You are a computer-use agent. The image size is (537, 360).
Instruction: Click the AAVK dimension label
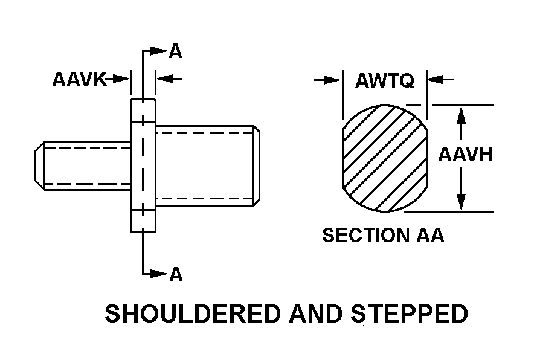point(79,79)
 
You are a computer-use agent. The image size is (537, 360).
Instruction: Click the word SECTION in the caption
point(359,235)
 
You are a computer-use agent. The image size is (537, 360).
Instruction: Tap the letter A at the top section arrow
point(175,51)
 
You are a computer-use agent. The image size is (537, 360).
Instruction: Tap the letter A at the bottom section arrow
point(175,275)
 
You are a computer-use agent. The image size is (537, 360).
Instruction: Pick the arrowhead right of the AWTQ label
point(435,80)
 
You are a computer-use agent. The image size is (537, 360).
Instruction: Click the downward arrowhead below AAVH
point(461,203)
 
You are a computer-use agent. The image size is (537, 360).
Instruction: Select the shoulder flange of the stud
point(143,164)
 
